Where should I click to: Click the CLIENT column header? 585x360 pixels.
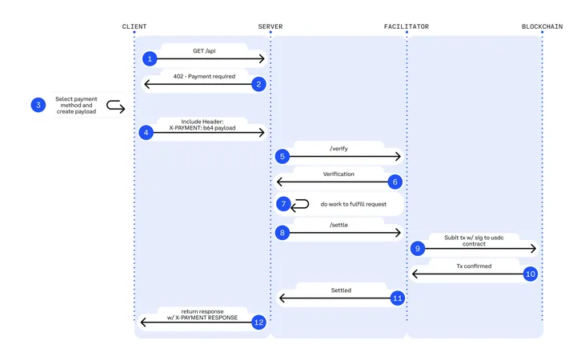coord(134,26)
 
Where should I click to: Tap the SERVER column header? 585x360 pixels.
coord(270,26)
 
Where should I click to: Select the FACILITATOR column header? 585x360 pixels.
coord(407,26)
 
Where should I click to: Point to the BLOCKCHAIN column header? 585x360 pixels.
coord(542,26)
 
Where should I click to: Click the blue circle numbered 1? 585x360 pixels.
coord(150,58)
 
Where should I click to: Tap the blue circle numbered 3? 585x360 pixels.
coord(38,105)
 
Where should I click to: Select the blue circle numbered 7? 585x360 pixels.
coord(283,204)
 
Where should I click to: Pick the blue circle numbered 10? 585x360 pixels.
coord(530,274)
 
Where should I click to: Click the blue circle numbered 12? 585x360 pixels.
coord(258,322)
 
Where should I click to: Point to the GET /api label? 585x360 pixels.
coord(204,50)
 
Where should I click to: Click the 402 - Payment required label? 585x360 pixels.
coord(204,76)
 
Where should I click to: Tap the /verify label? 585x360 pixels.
coord(339,149)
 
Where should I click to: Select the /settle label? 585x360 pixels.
coord(339,225)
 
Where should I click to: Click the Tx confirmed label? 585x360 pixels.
coord(474,266)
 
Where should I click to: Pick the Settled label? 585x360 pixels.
coord(341,290)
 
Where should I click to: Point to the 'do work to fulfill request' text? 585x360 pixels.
coord(353,204)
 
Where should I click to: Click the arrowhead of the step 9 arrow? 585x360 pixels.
coord(534,249)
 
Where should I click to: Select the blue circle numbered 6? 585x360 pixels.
coord(395,182)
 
